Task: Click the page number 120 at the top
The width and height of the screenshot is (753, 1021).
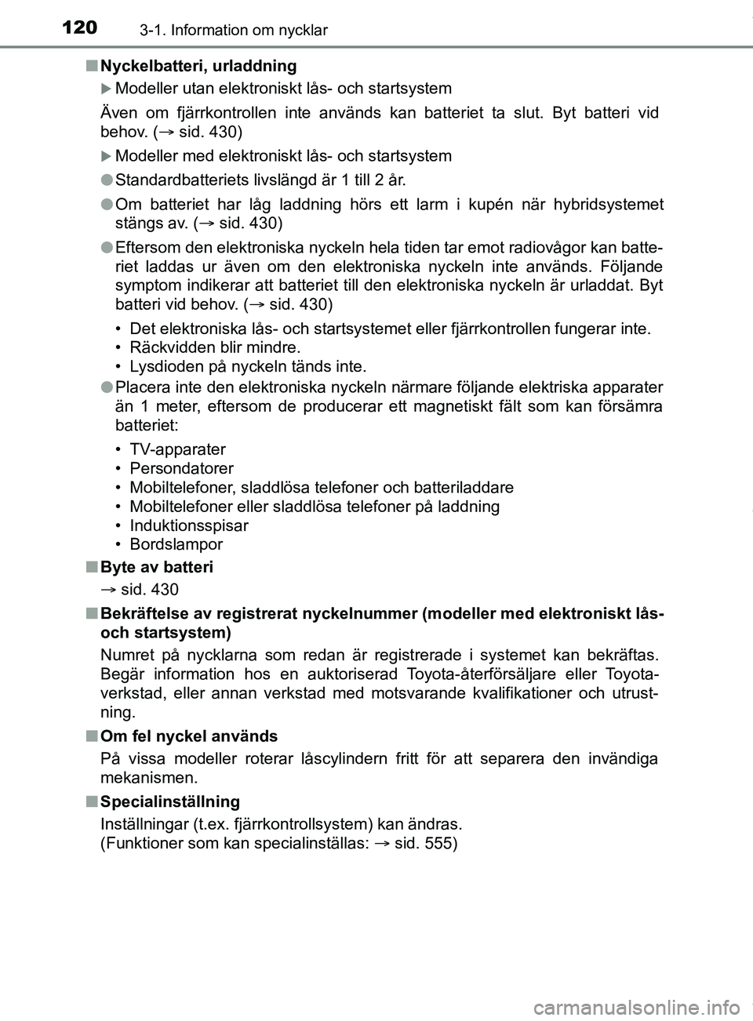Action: pos(79,28)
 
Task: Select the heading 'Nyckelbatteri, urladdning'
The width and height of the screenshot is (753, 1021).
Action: pos(198,66)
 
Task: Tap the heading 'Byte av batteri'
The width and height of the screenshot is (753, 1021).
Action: pos(157,567)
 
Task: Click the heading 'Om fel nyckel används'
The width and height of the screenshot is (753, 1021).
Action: pos(189,736)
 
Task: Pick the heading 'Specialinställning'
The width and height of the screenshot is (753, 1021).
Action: pos(170,801)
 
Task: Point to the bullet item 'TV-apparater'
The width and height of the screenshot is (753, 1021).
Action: pos(177,449)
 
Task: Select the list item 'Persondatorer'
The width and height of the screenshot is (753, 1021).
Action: pos(181,468)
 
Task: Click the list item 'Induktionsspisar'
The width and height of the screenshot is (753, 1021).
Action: pos(188,525)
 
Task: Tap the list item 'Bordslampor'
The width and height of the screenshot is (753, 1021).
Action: pos(176,544)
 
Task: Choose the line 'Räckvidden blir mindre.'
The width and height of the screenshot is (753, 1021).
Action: pos(214,347)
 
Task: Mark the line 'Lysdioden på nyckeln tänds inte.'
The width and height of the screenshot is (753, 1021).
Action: pos(247,366)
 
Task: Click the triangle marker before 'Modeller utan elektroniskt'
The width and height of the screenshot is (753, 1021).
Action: pos(107,89)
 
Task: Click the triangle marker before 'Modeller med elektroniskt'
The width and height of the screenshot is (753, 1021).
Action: pos(107,156)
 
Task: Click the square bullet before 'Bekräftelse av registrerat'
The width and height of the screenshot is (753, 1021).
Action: pos(92,613)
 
